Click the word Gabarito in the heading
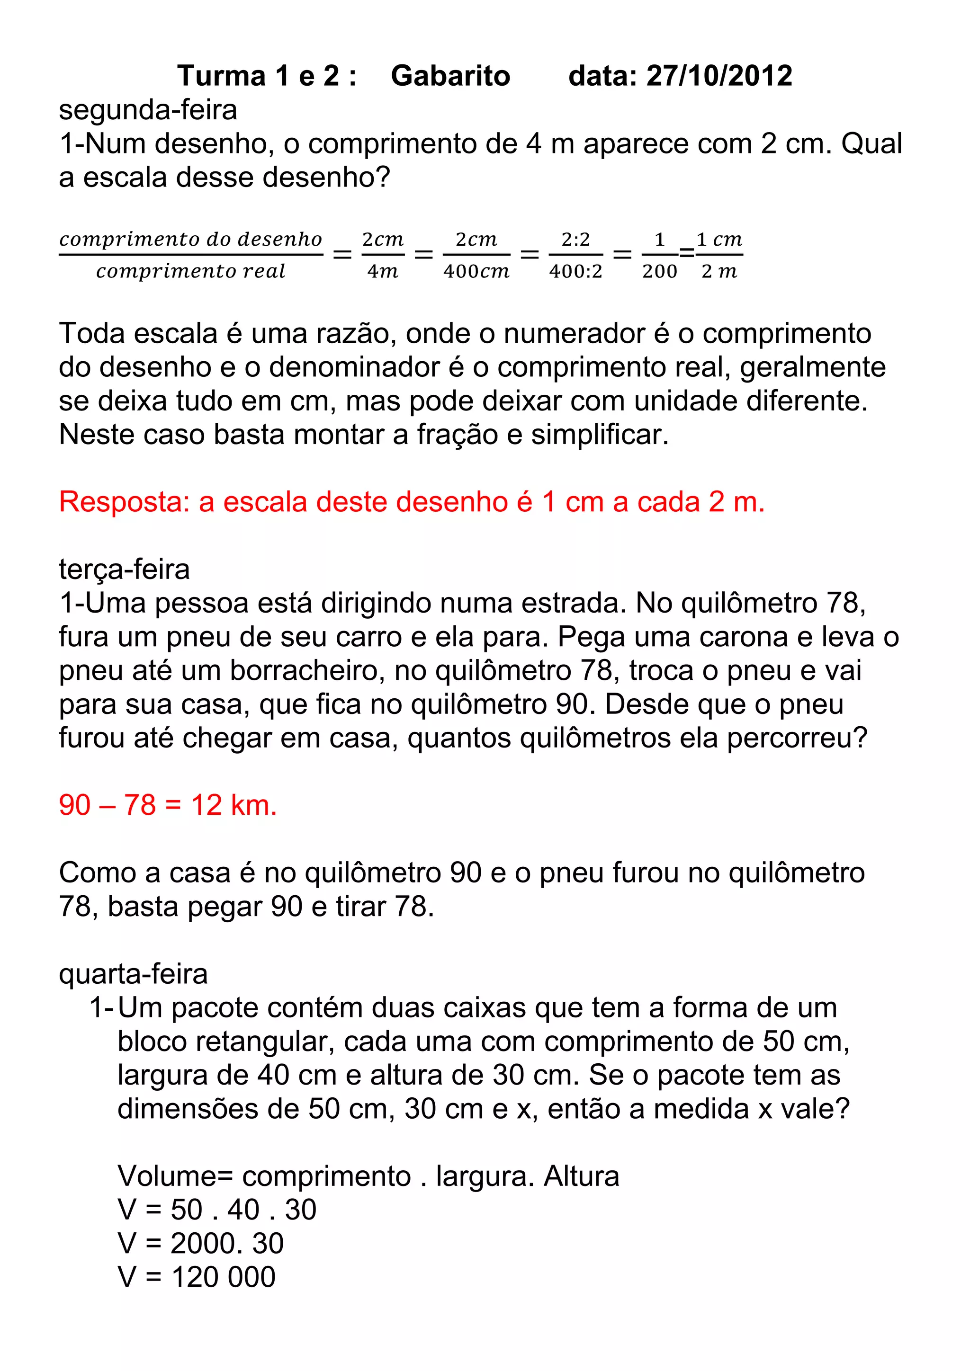click(x=450, y=76)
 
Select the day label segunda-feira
click(x=148, y=110)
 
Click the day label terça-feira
click(x=124, y=569)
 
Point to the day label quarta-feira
click(x=133, y=974)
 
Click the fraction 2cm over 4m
click(x=383, y=255)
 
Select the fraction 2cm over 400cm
click(x=476, y=255)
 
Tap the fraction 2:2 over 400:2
click(x=576, y=255)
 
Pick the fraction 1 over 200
click(x=659, y=255)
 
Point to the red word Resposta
click(x=124, y=502)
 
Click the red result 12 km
click(x=234, y=806)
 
